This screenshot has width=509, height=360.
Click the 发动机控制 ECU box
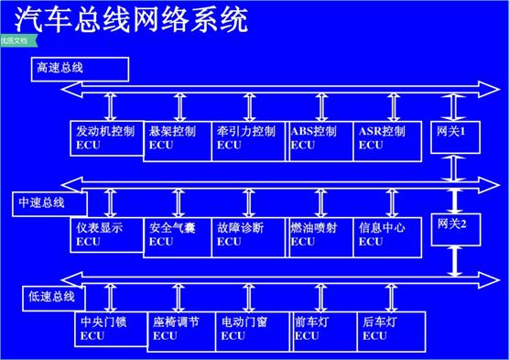click(x=106, y=137)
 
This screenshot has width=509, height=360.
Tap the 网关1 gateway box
click(x=454, y=136)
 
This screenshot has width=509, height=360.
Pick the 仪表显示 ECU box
click(x=106, y=234)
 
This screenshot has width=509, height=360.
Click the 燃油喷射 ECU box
click(x=319, y=234)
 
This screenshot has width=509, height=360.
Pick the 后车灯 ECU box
click(x=393, y=328)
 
